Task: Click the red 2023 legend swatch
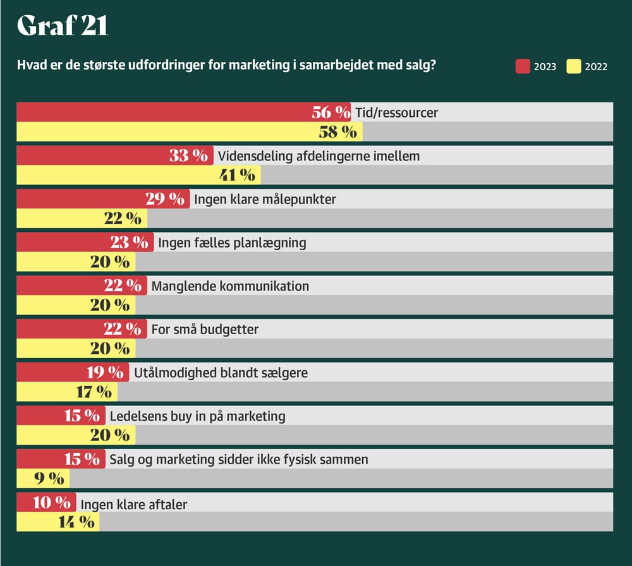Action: [x=523, y=66]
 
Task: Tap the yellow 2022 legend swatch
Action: [x=574, y=66]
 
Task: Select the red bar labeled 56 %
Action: [x=164, y=112]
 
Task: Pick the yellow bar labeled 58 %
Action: [x=171, y=131]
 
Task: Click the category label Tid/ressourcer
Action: [x=396, y=113]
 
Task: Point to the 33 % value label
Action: [x=188, y=155]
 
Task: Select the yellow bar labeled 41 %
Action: [x=126, y=175]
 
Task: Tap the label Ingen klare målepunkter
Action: [x=265, y=200]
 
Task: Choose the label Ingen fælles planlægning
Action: [x=232, y=243]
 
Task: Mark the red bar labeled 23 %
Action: [x=76, y=242]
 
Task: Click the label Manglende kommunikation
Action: [x=231, y=286]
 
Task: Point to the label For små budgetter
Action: [x=205, y=330]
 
